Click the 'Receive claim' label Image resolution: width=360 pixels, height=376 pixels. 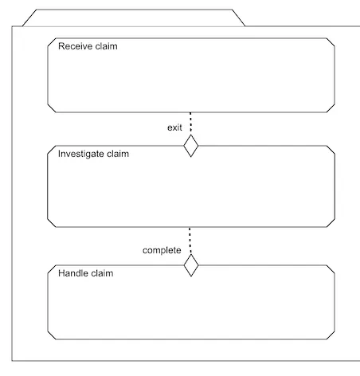88,46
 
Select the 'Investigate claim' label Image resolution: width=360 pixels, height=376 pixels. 93,154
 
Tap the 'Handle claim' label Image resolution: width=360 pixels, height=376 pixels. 86,273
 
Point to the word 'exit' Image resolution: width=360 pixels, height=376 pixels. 174,127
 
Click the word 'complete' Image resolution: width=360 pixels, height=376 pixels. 162,250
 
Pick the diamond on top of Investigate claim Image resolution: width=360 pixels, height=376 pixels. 191,146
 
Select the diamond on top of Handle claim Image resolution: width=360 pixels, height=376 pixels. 191,265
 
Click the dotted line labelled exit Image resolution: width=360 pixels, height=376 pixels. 190,123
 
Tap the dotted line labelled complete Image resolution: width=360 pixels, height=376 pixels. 190,241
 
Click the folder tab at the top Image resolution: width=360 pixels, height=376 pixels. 134,10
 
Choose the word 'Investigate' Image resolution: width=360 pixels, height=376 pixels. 81,154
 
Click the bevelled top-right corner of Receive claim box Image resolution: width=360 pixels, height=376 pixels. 331,42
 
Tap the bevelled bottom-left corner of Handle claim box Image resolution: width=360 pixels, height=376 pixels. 52,335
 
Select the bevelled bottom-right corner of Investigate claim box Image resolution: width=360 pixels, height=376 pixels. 331,223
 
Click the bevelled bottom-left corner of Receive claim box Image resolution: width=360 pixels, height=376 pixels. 52,108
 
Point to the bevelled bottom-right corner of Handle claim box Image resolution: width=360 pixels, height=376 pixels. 331,335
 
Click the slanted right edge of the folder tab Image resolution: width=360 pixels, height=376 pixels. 239,18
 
